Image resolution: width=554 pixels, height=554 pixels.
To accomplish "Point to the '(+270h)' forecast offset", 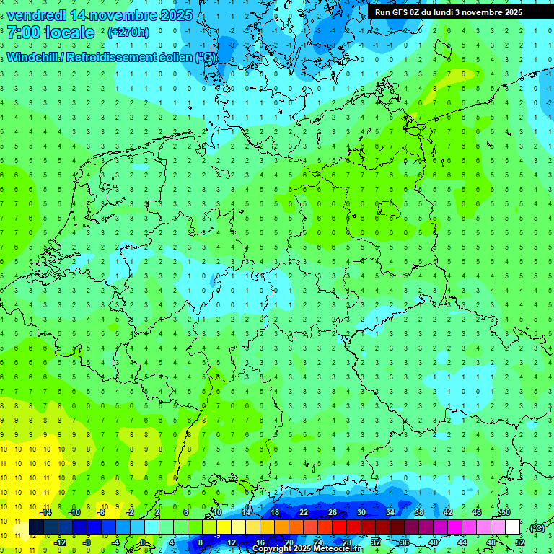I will tap(128, 32).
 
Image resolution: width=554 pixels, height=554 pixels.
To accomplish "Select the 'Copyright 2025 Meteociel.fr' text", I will tap(307, 549).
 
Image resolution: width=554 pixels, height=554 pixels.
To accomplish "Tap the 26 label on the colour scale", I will tap(333, 512).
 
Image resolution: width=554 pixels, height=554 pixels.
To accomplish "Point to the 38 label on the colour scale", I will tap(419, 512).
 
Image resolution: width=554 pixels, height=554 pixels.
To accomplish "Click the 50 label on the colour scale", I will tap(506, 512).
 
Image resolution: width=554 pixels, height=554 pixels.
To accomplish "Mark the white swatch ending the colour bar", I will tap(512, 527).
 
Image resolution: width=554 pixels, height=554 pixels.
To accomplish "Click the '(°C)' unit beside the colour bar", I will tap(535, 528).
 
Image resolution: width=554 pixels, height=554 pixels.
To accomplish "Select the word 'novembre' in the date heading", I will tap(123, 14).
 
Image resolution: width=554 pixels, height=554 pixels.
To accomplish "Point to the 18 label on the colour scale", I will tap(275, 512).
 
